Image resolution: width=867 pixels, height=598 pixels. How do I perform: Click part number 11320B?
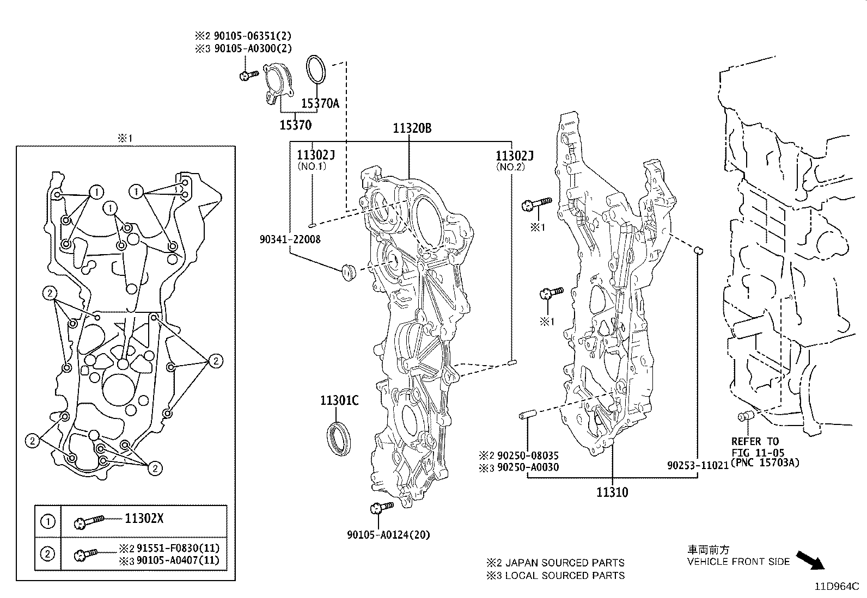[412, 128]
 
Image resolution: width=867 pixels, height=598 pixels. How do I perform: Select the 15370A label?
[320, 103]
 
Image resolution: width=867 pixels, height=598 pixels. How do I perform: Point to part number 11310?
[612, 492]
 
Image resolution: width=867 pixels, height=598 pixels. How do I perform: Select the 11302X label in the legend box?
[144, 519]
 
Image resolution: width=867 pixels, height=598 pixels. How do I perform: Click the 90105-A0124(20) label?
[388, 535]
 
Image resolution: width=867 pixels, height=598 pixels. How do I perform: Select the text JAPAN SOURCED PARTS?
[565, 563]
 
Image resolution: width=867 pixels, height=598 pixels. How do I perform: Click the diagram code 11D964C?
[837, 587]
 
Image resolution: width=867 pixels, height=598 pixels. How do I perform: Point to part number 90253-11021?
[698, 466]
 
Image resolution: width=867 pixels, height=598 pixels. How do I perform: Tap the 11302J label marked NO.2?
[514, 156]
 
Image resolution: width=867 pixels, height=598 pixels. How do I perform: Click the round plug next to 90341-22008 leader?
[347, 270]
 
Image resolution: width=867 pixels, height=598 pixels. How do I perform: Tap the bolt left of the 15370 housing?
[248, 75]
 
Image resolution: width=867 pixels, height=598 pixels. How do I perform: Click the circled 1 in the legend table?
[48, 521]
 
